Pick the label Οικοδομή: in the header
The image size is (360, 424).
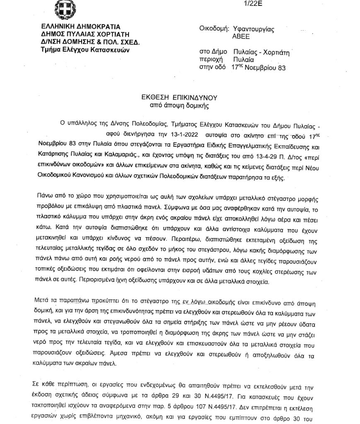coord(215,29)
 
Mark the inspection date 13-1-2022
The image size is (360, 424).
coord(181,135)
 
